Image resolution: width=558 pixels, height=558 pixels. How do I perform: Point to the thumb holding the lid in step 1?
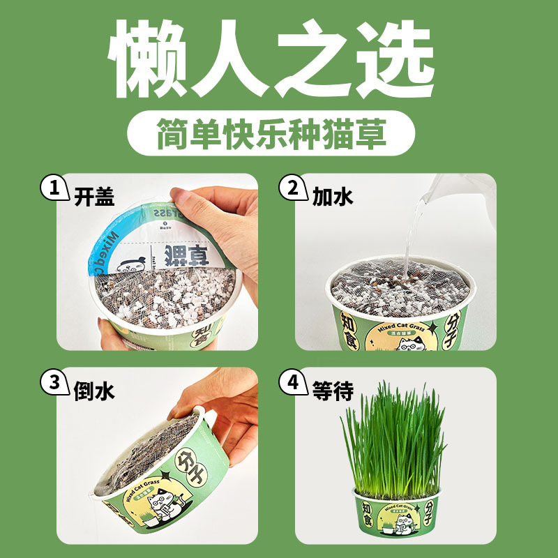tap(209, 202)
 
